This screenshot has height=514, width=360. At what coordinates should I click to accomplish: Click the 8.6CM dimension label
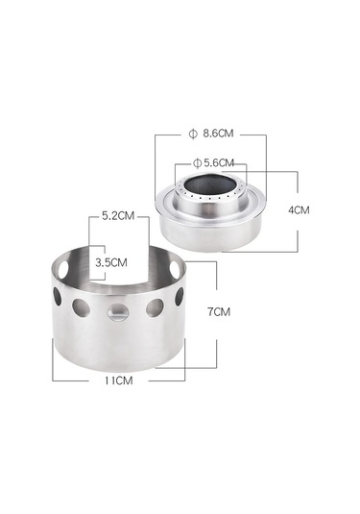point(218,134)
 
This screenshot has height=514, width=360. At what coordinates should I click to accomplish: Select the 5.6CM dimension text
point(219,162)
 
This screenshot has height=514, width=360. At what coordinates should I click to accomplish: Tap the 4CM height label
point(299,210)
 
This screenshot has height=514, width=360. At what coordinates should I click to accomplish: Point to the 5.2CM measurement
point(118,216)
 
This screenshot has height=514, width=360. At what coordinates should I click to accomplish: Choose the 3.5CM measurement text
point(111,262)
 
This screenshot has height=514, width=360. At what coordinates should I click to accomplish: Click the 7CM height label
point(219,311)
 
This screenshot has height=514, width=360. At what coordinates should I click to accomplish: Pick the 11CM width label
point(119,380)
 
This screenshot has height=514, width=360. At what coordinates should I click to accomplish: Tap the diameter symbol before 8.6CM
point(193,134)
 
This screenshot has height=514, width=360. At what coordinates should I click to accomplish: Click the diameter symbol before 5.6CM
point(197,162)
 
